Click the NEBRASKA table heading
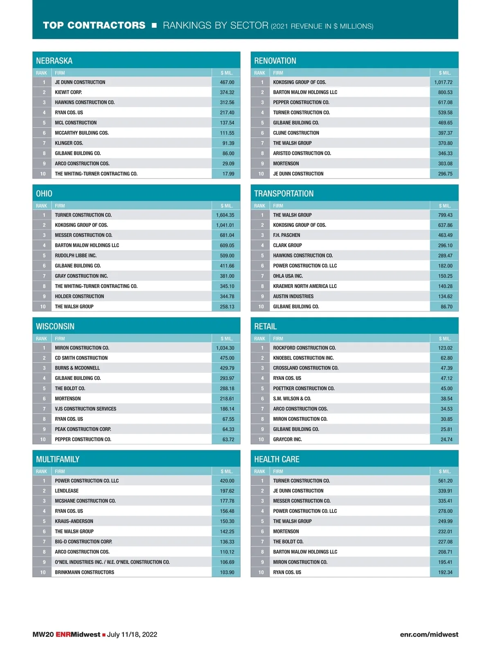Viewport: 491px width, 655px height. pyautogui.click(x=54, y=61)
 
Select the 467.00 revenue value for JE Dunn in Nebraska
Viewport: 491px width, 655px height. pyautogui.click(x=227, y=82)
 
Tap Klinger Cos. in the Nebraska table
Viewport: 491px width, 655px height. pyautogui.click(x=69, y=143)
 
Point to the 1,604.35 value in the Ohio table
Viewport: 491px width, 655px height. pyautogui.click(x=225, y=215)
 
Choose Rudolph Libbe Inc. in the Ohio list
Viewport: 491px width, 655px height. pyautogui.click(x=76, y=255)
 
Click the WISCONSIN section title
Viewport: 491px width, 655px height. pyautogui.click(x=55, y=327)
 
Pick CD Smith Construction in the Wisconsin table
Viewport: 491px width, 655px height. pyautogui.click(x=81, y=358)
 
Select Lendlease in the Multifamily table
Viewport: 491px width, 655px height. pyautogui.click(x=67, y=491)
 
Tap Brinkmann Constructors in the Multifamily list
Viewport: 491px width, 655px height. pyautogui.click(x=84, y=572)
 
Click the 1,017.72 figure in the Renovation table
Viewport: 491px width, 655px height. pyautogui.click(x=443, y=82)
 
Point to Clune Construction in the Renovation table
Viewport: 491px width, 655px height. pyautogui.click(x=296, y=133)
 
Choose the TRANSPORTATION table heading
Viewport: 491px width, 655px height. pyautogui.click(x=284, y=194)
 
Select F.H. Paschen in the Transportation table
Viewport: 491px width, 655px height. pyautogui.click(x=286, y=235)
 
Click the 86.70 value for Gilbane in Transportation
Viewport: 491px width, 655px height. pyautogui.click(x=446, y=307)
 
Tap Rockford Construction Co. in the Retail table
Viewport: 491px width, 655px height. pyautogui.click(x=304, y=348)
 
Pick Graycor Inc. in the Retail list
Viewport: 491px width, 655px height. pyautogui.click(x=287, y=439)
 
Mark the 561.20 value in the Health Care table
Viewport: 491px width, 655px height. pyautogui.click(x=445, y=481)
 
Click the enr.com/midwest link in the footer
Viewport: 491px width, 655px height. pyautogui.click(x=429, y=635)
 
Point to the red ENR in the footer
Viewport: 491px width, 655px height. pyautogui.click(x=63, y=635)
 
